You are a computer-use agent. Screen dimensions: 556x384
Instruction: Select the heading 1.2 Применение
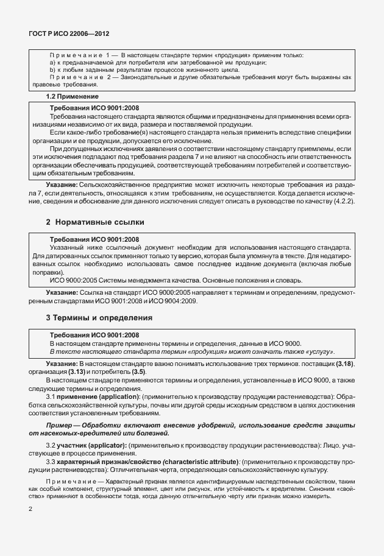(x=73, y=96)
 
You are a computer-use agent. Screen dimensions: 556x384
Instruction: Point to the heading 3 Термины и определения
(x=99, y=318)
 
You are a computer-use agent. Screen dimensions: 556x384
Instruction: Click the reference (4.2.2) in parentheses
(x=343, y=200)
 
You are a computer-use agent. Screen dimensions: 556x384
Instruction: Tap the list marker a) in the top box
(x=52, y=63)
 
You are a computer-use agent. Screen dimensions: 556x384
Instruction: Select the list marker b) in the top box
(x=52, y=70)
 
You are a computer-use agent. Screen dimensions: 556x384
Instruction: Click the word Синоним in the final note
(x=328, y=488)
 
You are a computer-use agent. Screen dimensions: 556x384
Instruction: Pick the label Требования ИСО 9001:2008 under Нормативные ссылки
(x=94, y=239)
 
